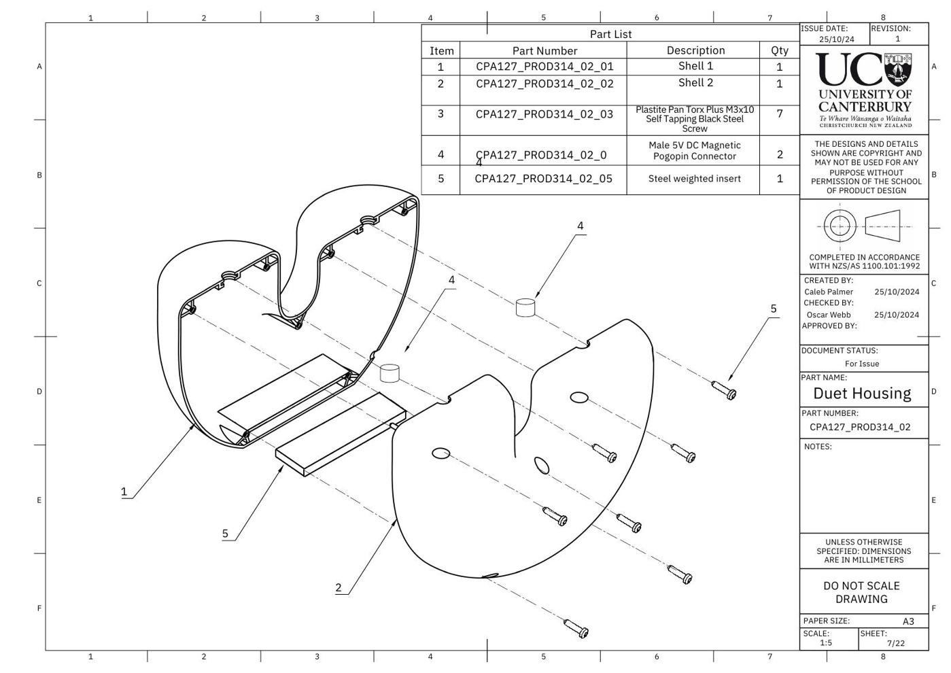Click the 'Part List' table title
tap(610, 34)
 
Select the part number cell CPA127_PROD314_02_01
tap(544, 67)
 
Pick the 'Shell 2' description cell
tap(695, 82)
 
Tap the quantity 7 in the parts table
tap(780, 114)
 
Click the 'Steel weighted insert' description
tap(694, 178)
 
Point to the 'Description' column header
tap(695, 50)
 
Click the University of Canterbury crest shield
tap(898, 70)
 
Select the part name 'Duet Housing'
tap(862, 393)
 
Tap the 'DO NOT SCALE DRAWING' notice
tap(861, 592)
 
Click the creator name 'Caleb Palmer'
tap(829, 292)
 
